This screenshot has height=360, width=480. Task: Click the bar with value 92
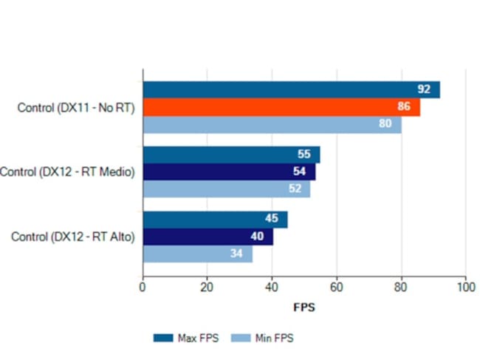291,89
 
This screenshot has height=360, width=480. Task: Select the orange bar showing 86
281,107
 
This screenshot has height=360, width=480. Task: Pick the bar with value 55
231,154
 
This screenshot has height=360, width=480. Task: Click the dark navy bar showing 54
229,172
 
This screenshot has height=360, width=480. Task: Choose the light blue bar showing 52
226,189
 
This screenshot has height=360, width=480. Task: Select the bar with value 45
215,220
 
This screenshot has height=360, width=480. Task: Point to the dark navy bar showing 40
208,237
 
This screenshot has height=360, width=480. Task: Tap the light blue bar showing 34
197,254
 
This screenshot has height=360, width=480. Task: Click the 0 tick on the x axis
143,287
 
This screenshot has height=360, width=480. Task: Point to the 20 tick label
208,287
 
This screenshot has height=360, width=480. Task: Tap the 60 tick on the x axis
337,287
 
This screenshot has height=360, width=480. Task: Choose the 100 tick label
465,287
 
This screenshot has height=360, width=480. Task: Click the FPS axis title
304,307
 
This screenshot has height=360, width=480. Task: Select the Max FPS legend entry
185,338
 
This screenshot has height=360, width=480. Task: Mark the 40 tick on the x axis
272,287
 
